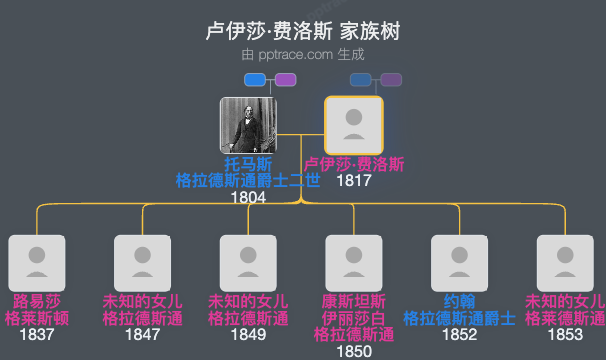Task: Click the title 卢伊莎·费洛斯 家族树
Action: click(302, 31)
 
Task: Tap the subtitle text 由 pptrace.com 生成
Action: click(302, 55)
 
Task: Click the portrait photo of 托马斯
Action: click(248, 125)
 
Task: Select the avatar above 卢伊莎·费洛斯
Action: click(354, 125)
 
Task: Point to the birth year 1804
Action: click(248, 197)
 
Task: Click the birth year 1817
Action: click(354, 181)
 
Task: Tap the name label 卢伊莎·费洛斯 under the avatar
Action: click(354, 164)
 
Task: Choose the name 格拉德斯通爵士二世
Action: click(248, 180)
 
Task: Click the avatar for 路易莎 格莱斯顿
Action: click(37, 263)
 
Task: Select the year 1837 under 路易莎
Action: click(37, 335)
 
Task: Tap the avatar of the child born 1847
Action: click(143, 263)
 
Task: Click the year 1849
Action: click(248, 335)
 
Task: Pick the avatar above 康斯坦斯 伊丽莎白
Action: click(354, 263)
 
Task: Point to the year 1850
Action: click(354, 351)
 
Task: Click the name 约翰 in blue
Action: click(460, 301)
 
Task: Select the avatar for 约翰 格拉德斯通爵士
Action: click(460, 263)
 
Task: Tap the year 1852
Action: click(460, 335)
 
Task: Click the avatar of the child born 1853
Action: click(565, 263)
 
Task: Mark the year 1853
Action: click(565, 335)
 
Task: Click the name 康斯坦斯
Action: click(354, 301)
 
